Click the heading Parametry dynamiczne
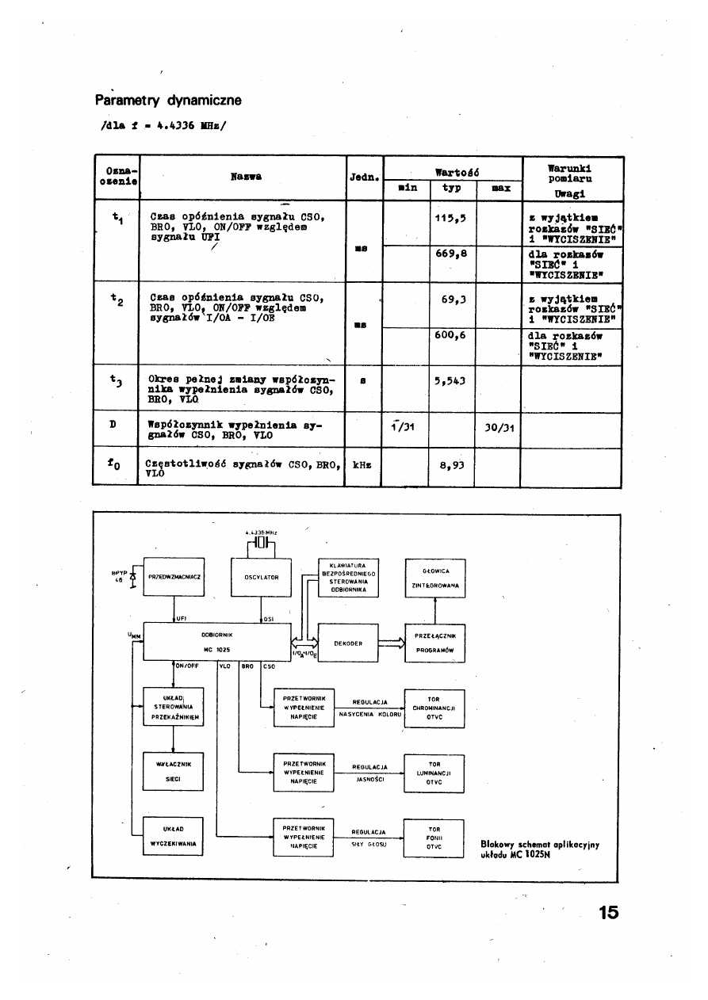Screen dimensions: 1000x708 coord(168,101)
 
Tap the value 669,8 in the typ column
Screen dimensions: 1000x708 coord(450,254)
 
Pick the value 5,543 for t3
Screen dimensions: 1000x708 coord(450,380)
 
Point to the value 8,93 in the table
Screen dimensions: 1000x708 coord(450,468)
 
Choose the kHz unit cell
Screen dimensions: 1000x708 coord(363,465)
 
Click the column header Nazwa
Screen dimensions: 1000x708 coord(246,175)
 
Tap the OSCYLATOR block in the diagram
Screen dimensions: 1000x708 coord(261,577)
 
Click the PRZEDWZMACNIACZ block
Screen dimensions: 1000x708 coord(174,577)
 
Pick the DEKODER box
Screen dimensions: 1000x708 coord(349,643)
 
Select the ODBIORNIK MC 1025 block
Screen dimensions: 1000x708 coord(216,641)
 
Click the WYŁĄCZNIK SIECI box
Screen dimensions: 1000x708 coord(174,772)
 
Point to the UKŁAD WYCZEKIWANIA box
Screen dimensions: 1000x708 coord(174,837)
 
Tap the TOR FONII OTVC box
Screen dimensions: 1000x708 coord(434,838)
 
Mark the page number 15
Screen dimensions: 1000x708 coord(608,912)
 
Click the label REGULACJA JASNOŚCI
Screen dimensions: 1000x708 coord(369,773)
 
